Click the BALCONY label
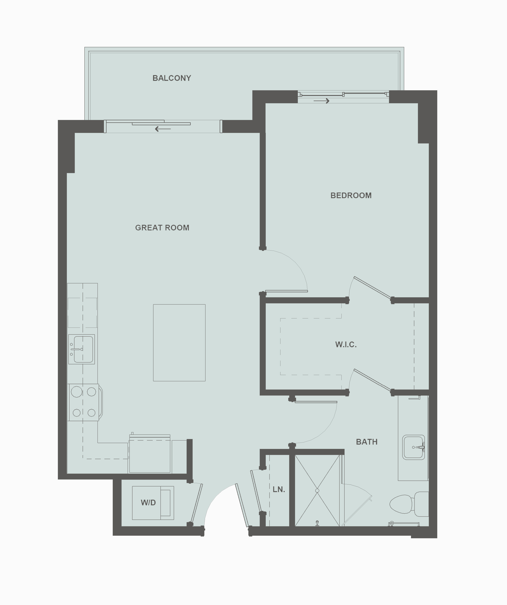coord(172,78)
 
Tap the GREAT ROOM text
coord(162,228)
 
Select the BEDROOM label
coord(351,195)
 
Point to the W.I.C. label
coord(346,344)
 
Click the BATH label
coord(366,442)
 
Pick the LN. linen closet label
coord(279,489)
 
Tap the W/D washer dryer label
coord(148,502)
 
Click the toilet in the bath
coord(406,504)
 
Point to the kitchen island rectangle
coord(179,343)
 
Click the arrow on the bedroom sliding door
coord(321,101)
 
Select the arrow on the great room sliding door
coord(163,129)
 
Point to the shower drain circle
coord(317,490)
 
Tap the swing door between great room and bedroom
coord(286,291)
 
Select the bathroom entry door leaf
coord(316,402)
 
